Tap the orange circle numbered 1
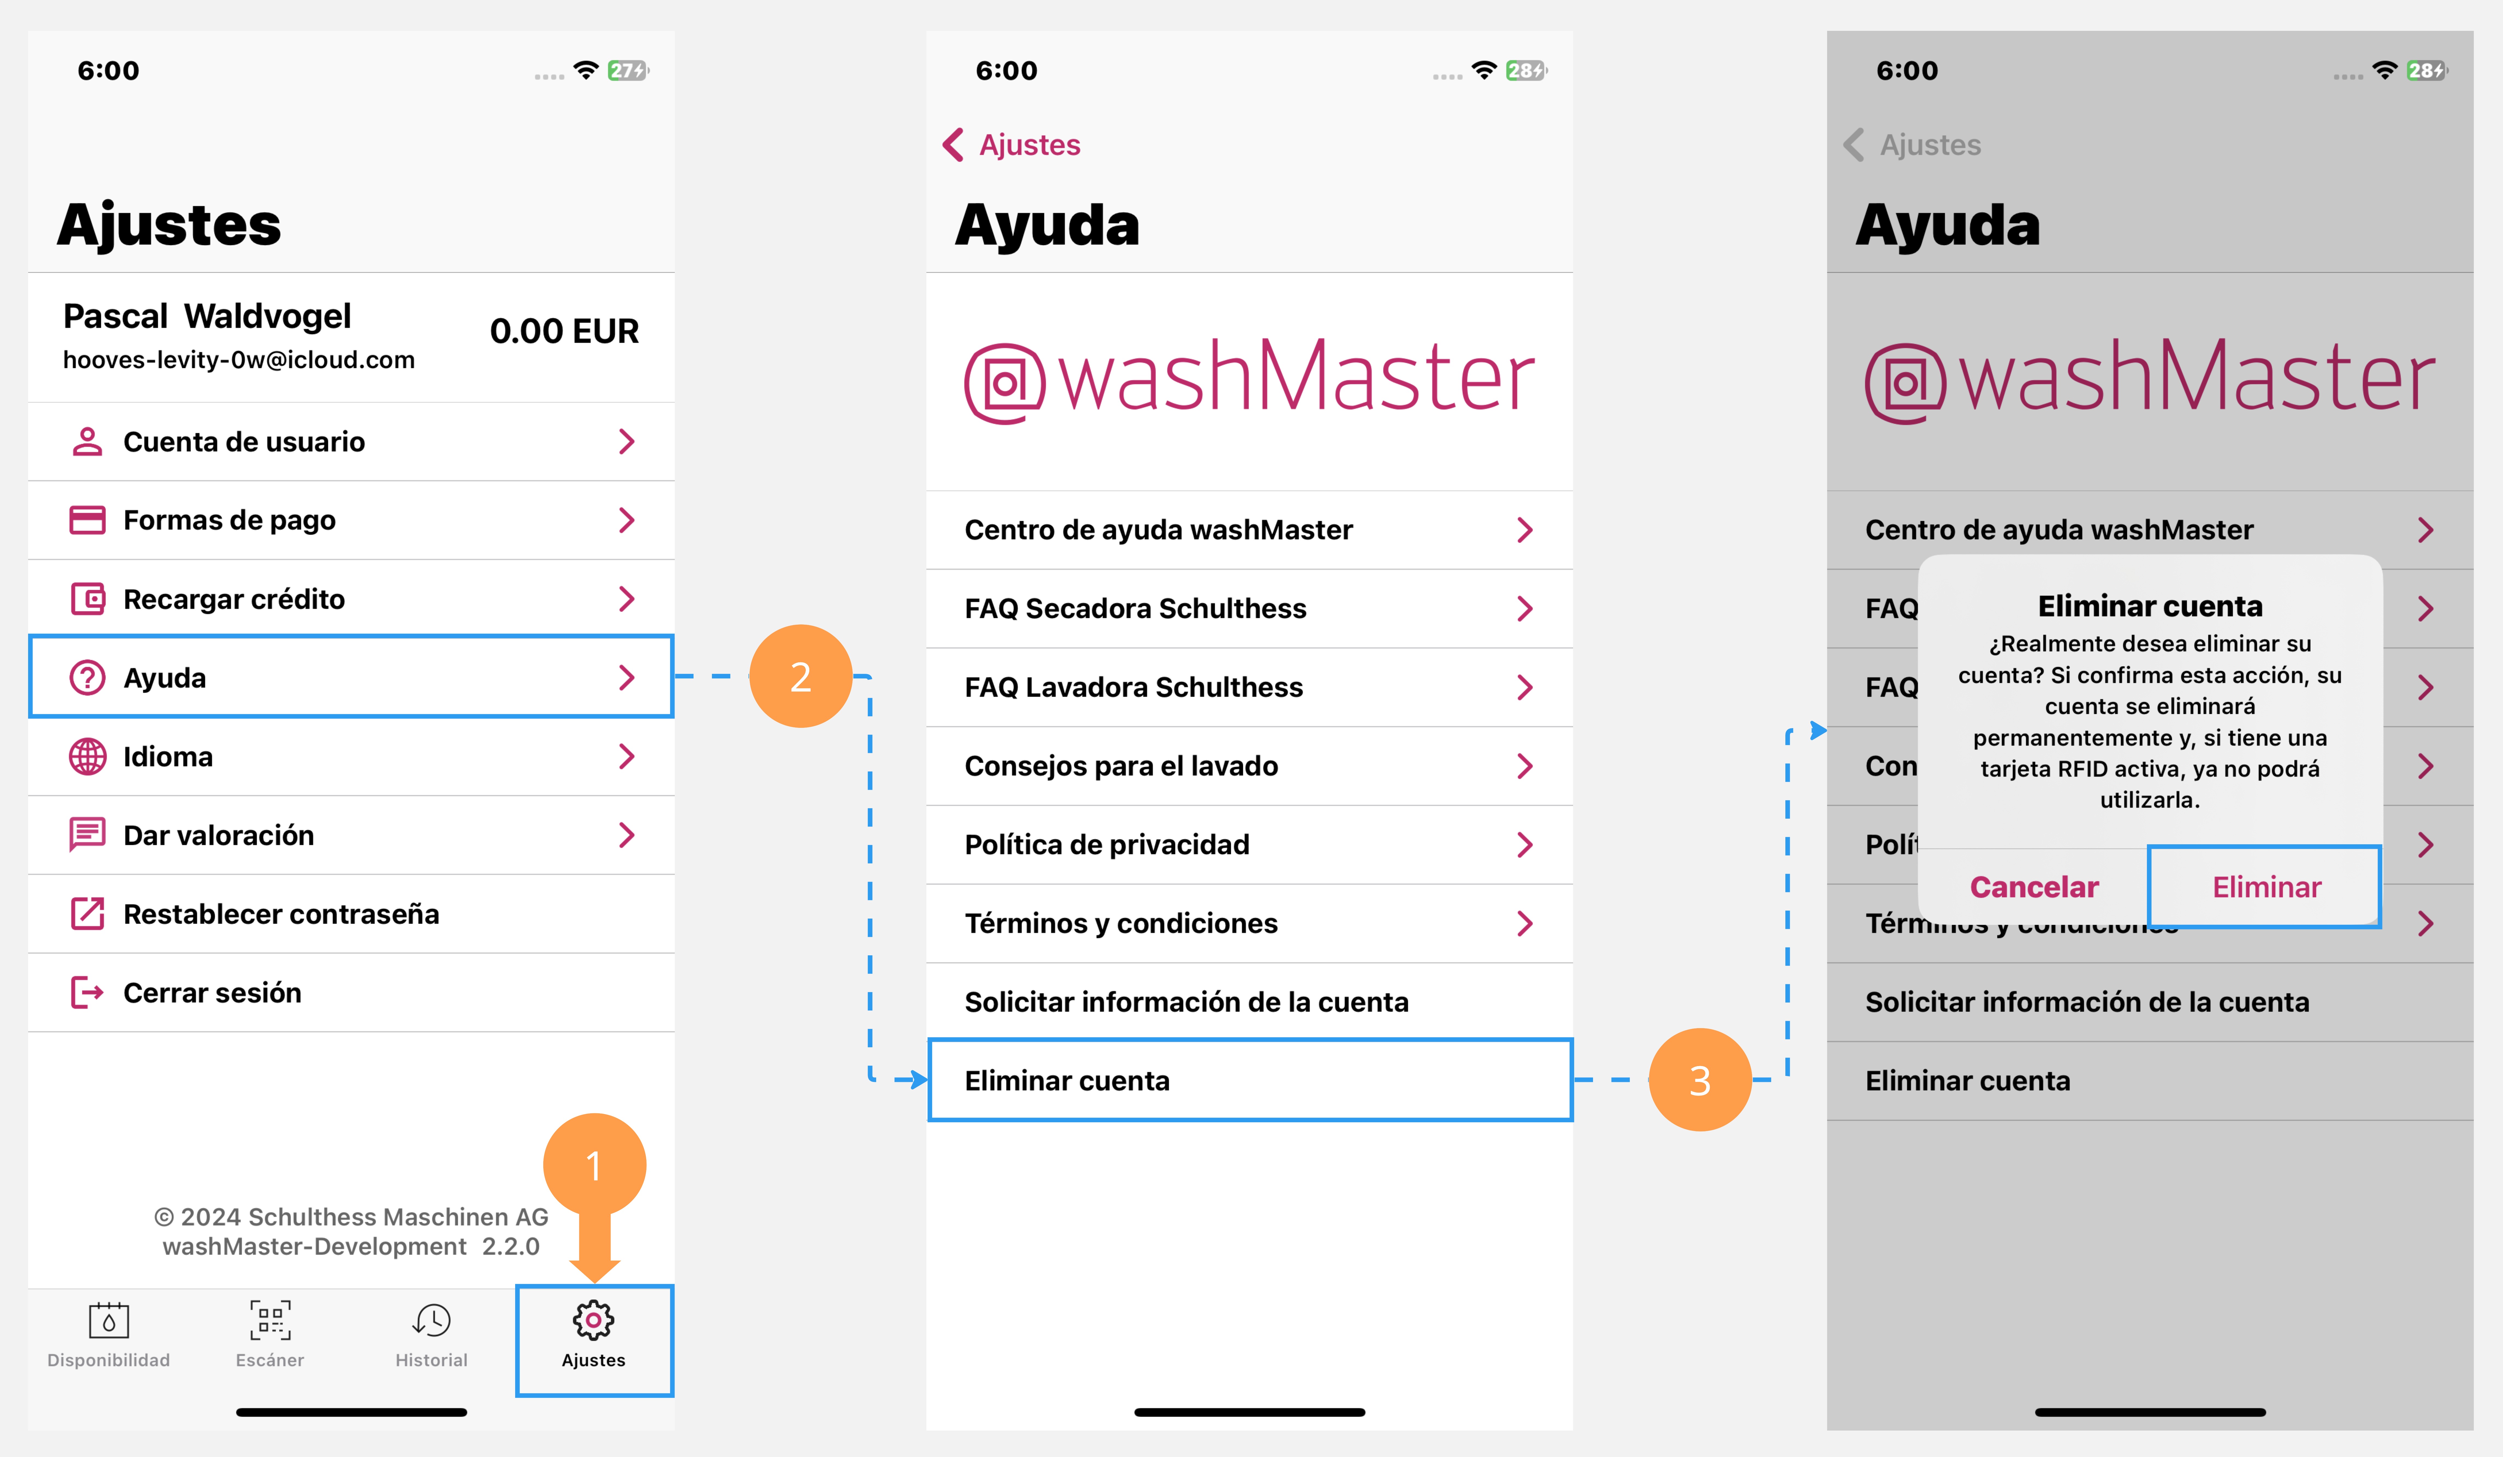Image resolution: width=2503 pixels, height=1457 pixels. pos(594,1164)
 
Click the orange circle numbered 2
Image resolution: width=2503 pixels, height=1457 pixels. pos(801,676)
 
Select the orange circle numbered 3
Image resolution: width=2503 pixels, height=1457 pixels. pos(1699,1080)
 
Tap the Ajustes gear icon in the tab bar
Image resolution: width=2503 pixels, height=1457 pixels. pos(593,1320)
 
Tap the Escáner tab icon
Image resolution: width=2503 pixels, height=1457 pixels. pos(270,1320)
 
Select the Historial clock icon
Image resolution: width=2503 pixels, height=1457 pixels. pos(432,1320)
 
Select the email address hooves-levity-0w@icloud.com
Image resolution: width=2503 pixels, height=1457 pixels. pos(238,360)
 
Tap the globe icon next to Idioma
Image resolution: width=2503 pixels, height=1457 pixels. pos(87,757)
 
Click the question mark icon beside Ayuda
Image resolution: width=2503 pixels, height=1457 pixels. pos(87,677)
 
